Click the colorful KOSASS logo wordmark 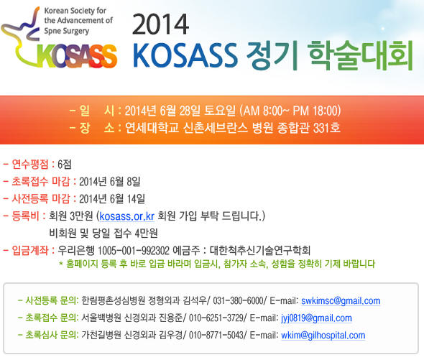[x=77, y=56]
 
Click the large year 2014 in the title [x=161, y=24]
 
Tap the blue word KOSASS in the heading [x=185, y=55]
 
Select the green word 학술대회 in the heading [x=361, y=55]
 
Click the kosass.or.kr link [x=126, y=216]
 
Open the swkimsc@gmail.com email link [x=341, y=301]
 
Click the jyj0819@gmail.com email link [x=316, y=318]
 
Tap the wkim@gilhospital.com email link [x=323, y=336]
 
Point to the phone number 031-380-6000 [x=238, y=301]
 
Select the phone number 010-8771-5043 [x=216, y=336]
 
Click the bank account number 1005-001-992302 [x=134, y=251]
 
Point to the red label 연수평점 [x=30, y=164]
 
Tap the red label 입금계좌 [x=30, y=251]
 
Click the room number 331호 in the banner [x=327, y=128]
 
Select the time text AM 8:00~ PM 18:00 [x=290, y=111]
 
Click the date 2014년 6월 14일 [x=112, y=199]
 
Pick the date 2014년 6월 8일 [x=109, y=182]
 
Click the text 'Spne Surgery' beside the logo [x=67, y=31]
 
